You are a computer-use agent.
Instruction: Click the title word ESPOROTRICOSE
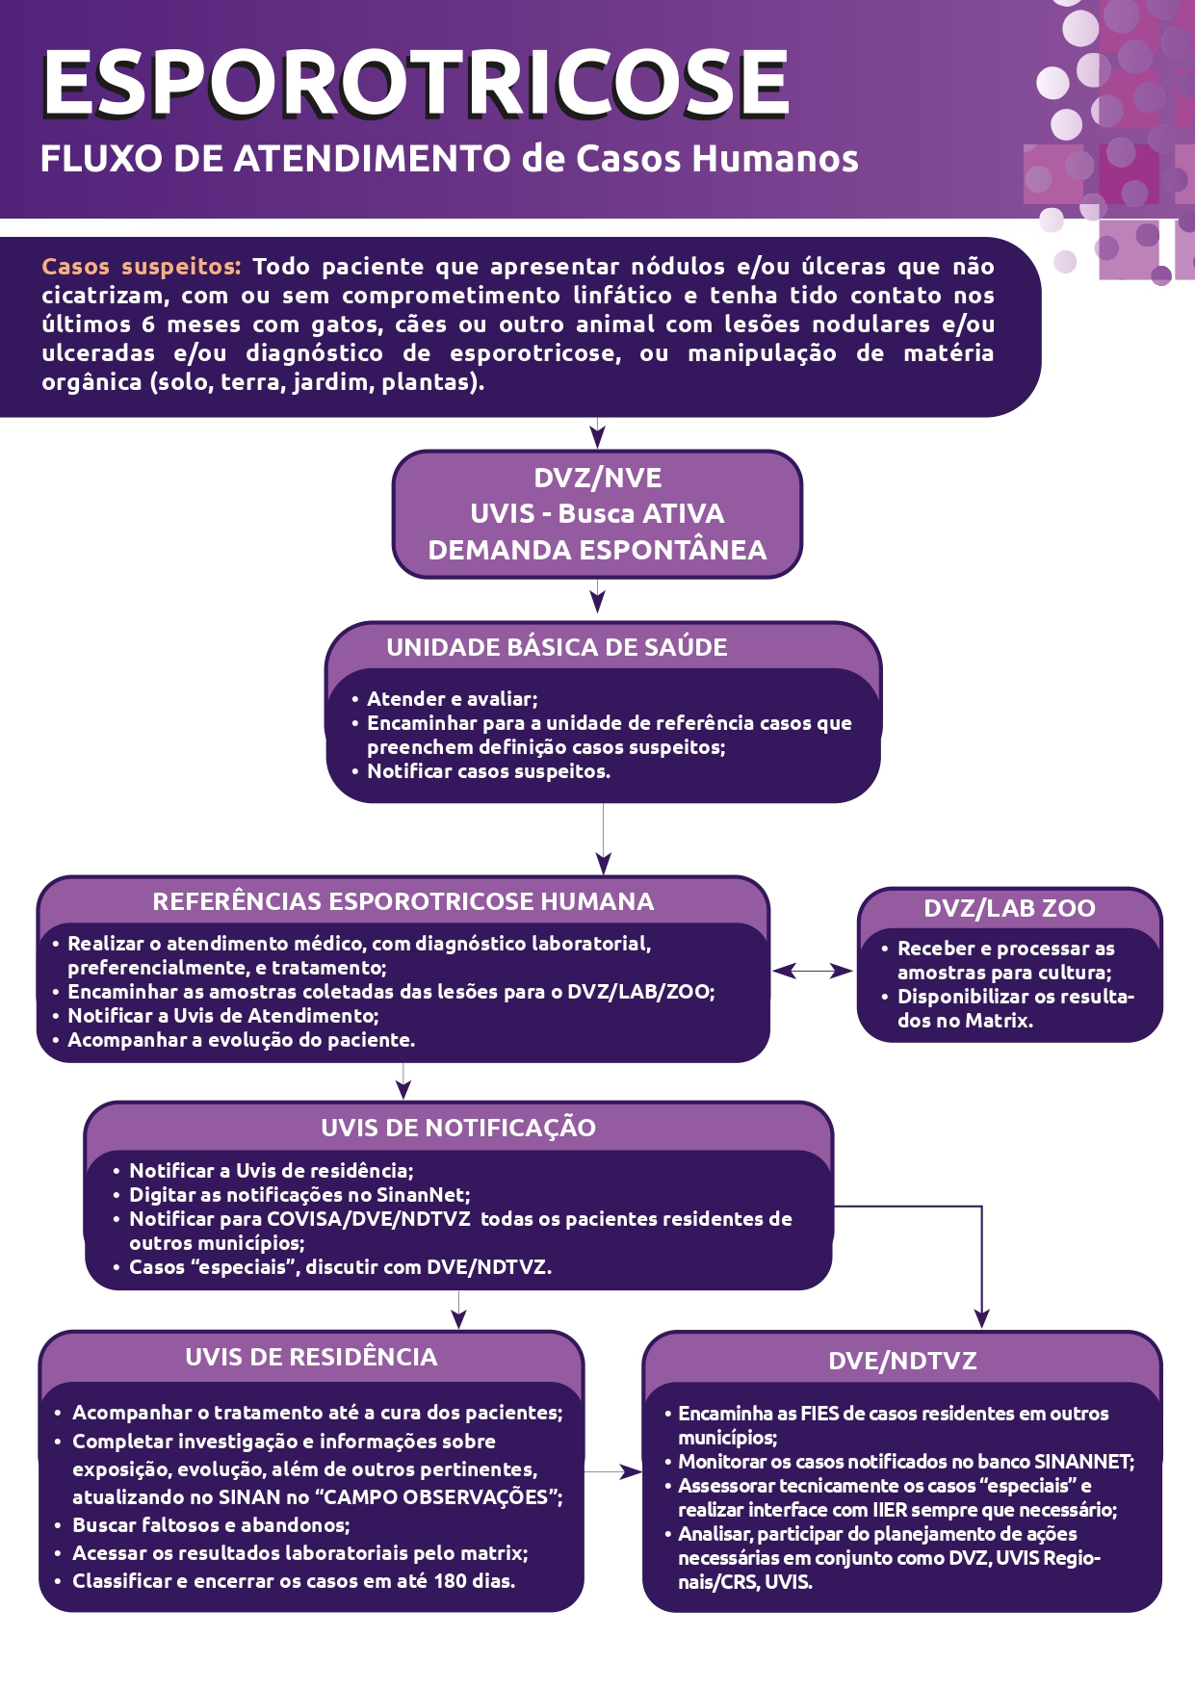[415, 85]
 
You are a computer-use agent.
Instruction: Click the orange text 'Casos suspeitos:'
[141, 267]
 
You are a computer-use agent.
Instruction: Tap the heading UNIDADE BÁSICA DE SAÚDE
[557, 647]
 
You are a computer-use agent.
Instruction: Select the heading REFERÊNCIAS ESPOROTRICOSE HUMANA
[403, 901]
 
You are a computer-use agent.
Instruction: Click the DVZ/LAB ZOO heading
[1009, 908]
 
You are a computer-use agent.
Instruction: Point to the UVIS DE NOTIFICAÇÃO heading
[458, 1128]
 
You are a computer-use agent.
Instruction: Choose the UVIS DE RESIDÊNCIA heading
[311, 1357]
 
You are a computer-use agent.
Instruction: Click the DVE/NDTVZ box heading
[902, 1361]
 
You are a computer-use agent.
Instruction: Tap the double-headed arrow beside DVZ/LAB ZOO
[813, 971]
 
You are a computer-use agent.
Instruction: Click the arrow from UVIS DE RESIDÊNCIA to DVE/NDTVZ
[613, 1472]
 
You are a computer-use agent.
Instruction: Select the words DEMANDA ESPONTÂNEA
[597, 550]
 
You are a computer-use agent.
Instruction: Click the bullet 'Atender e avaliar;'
[452, 699]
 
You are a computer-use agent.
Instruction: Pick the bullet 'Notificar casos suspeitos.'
[488, 771]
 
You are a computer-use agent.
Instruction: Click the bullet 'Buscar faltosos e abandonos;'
[211, 1525]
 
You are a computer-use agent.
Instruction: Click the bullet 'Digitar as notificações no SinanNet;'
[299, 1195]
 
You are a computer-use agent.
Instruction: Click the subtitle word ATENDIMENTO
[372, 159]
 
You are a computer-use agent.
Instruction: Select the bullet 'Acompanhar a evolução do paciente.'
[241, 1040]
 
